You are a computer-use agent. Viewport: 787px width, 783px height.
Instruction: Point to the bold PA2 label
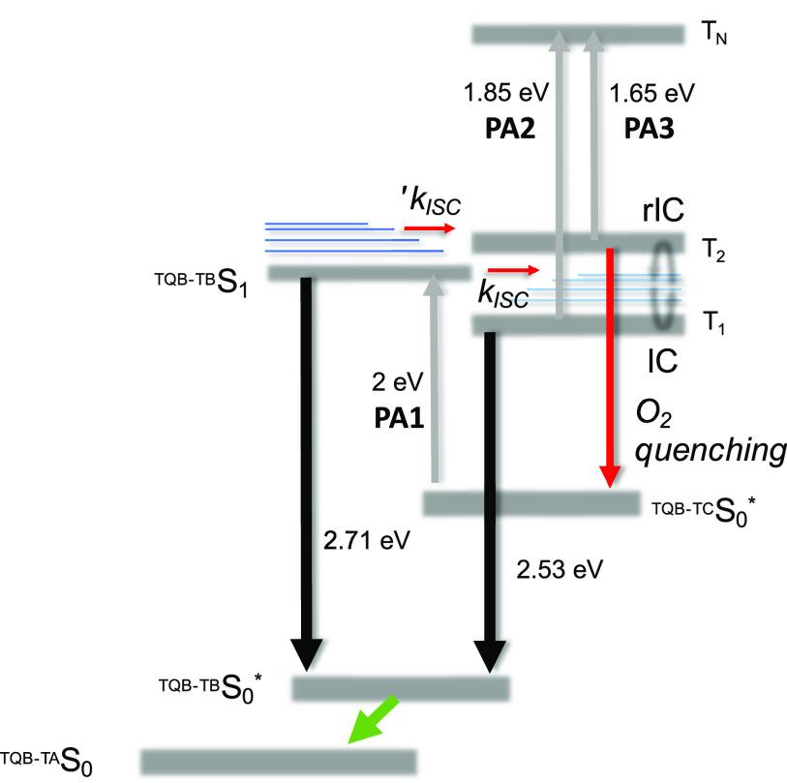pos(510,129)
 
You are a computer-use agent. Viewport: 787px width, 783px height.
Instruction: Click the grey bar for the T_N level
pos(576,35)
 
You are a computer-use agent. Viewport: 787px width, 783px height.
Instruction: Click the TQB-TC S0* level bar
pos(530,503)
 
